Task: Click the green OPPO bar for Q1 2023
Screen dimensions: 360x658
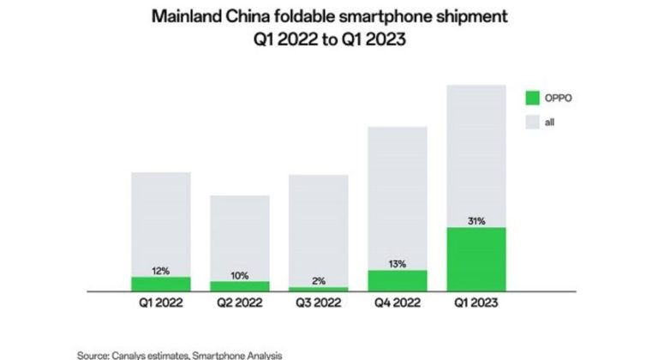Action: pos(477,260)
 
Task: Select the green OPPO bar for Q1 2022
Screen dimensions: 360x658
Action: pos(161,285)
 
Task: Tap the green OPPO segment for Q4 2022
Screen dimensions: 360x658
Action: pos(398,281)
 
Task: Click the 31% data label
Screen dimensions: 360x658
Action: pos(477,221)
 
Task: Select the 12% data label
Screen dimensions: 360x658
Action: pos(161,271)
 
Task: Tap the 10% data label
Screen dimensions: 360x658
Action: pos(240,275)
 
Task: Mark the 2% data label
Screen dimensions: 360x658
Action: pos(319,281)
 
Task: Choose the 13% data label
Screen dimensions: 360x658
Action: pos(398,264)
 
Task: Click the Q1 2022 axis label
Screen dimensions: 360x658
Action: pos(161,302)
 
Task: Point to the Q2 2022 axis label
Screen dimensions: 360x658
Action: pos(240,302)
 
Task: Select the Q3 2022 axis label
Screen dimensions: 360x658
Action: pos(319,302)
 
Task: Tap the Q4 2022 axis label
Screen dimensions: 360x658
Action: pos(398,302)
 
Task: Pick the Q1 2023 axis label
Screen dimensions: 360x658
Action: pos(477,302)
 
